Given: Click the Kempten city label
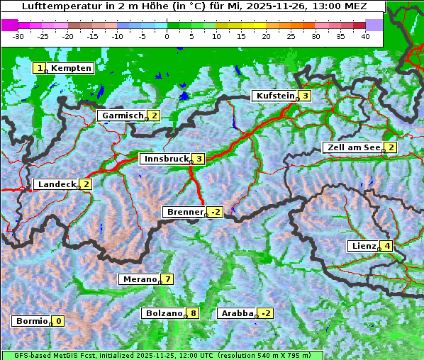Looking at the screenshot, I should pos(71,68).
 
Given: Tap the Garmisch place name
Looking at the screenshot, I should pos(122,116).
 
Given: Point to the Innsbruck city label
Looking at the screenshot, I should pos(164,159).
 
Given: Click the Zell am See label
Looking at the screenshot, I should pos(352,147).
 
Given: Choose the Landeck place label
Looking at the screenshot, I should pos(57,184).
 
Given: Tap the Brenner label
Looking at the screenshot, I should pos(184,212).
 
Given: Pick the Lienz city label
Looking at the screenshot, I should pos(363,246).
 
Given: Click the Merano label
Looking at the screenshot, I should pos(139,279).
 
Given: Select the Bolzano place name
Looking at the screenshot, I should pos(164,313).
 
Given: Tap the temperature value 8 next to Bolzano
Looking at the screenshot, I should pos(193,313).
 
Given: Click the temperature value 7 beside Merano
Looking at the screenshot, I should pos(167,279).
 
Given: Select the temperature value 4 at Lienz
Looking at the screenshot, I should pos(387,246).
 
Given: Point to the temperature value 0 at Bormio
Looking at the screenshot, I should pos(58,321).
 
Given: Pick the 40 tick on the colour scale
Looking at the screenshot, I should pos(365,35).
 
